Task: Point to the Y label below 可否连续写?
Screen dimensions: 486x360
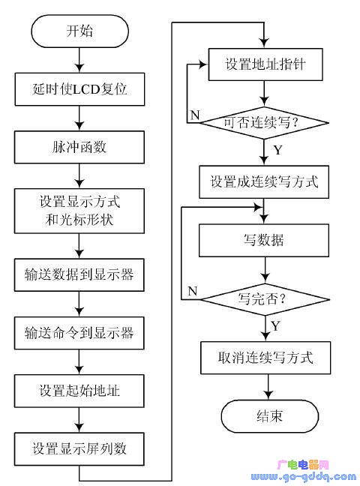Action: (278, 151)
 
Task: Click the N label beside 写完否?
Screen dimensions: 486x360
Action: (192, 290)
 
